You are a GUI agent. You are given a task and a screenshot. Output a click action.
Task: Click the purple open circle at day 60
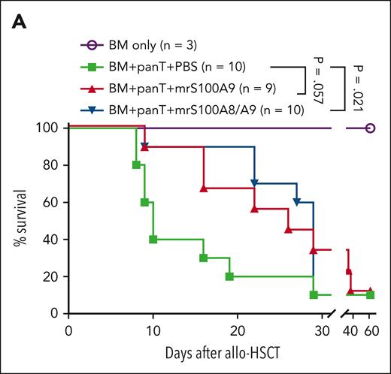pos(369,128)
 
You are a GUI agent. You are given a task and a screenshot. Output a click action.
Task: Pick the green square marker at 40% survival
pos(153,240)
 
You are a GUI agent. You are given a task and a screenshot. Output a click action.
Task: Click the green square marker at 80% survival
pos(136,164)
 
